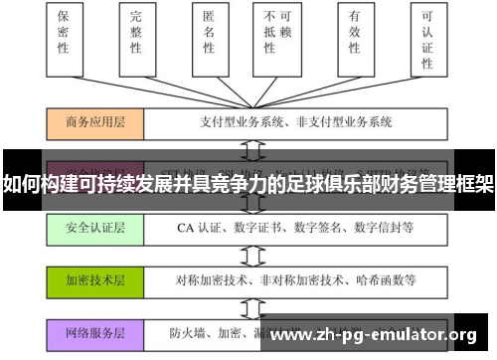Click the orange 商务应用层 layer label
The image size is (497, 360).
coord(94,124)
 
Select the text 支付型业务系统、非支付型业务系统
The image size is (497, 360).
coord(282,124)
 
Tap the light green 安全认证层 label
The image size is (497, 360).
coord(94,228)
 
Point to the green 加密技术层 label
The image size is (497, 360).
coord(94,279)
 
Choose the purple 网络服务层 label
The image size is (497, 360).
coord(94,332)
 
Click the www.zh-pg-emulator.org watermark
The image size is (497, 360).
coord(373,333)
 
